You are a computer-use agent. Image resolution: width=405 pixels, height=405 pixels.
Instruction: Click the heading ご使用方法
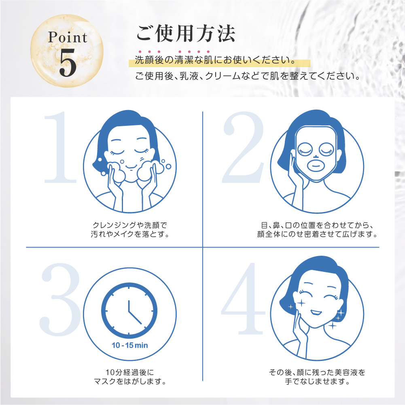click(186, 33)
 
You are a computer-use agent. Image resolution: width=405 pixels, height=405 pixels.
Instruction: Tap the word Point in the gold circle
click(68, 37)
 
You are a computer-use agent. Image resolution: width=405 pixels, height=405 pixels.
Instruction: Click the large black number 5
click(68, 63)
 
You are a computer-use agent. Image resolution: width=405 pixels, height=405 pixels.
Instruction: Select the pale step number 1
click(60, 147)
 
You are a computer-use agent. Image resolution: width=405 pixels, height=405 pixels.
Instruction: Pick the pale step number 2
click(243, 147)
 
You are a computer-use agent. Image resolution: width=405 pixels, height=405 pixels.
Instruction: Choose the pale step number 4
click(243, 299)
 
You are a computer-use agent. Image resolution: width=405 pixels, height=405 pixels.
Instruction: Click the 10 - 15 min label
click(129, 346)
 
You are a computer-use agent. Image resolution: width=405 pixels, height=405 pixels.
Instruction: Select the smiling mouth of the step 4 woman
click(316, 312)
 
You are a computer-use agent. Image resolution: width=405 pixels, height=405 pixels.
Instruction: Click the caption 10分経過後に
click(129, 372)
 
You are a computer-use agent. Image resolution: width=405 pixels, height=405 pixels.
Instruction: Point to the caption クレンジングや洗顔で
click(129, 225)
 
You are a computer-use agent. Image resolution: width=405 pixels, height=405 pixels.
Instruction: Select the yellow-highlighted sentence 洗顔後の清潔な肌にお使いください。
click(216, 60)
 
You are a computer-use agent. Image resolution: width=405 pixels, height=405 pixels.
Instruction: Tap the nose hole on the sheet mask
click(316, 157)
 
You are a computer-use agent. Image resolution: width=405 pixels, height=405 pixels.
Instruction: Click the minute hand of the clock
click(135, 318)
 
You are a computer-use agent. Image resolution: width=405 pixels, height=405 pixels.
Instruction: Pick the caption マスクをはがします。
click(129, 381)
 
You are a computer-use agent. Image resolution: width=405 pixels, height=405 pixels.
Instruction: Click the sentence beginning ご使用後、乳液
click(248, 76)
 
